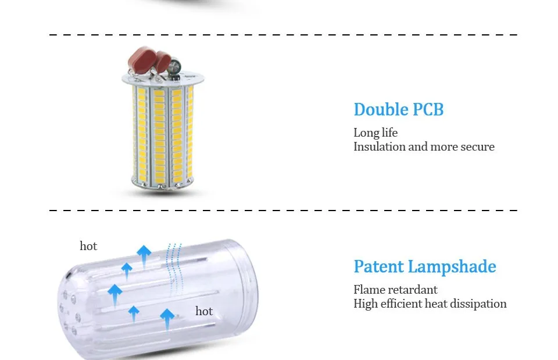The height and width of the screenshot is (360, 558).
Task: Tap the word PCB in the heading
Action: pos(428,109)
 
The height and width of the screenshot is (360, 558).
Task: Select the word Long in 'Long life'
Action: pos(366,133)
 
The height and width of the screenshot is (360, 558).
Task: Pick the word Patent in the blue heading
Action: pos(378,266)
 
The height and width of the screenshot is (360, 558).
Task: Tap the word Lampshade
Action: pos(452,267)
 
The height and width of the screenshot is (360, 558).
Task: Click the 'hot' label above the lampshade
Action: pos(88,246)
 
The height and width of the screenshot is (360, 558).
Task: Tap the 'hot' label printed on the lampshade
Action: pos(204,311)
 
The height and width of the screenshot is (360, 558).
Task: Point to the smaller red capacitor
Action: pos(163,62)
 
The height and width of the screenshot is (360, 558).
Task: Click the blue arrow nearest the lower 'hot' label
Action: pos(167,319)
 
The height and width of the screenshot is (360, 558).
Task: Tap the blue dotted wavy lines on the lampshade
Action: pos(174,269)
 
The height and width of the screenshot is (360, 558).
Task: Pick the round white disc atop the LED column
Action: pos(163,79)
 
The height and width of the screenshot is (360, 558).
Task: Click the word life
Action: pos(389,133)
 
